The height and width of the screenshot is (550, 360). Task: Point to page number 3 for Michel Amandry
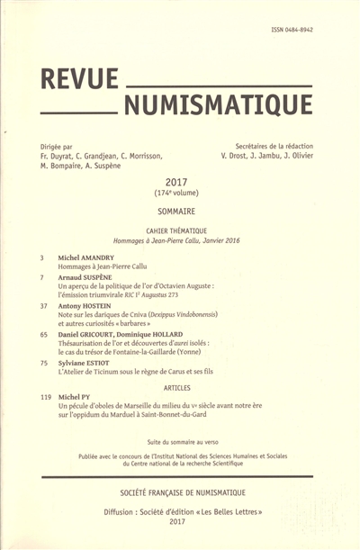pos(43,257)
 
